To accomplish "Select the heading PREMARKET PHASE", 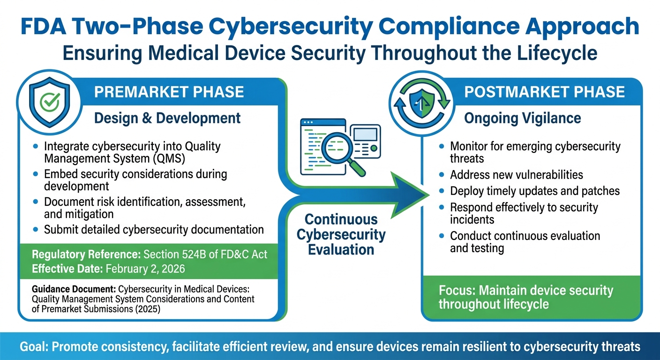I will click(x=169, y=91).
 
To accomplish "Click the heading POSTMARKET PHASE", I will click(x=544, y=91).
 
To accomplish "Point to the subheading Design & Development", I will click(x=167, y=118).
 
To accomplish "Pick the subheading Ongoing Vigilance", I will click(x=522, y=118).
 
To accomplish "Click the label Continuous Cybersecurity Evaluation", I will click(x=341, y=234).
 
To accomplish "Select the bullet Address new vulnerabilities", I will click(x=517, y=175).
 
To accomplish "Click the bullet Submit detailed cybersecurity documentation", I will click(x=154, y=230).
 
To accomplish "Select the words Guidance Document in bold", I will click(x=74, y=289).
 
